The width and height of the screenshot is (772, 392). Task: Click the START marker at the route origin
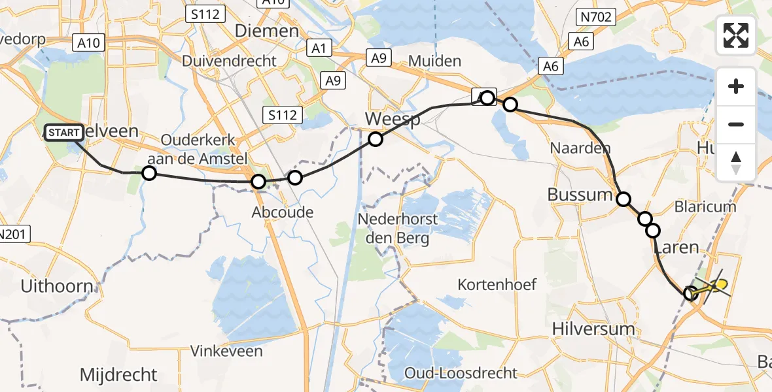point(64,133)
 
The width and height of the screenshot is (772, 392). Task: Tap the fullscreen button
point(736,35)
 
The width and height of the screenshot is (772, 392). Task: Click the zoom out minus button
point(736,124)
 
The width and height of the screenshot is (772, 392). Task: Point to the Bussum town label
point(579,195)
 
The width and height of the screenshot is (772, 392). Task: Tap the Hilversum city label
point(593,329)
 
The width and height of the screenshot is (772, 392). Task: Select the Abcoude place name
point(283,212)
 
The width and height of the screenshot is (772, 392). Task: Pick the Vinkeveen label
point(226,351)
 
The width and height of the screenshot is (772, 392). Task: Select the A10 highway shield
point(88,43)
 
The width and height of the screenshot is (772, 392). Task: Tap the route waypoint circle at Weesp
point(375,139)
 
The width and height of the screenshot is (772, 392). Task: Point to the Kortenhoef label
point(497,284)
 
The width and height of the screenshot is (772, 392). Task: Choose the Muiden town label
point(434,61)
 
